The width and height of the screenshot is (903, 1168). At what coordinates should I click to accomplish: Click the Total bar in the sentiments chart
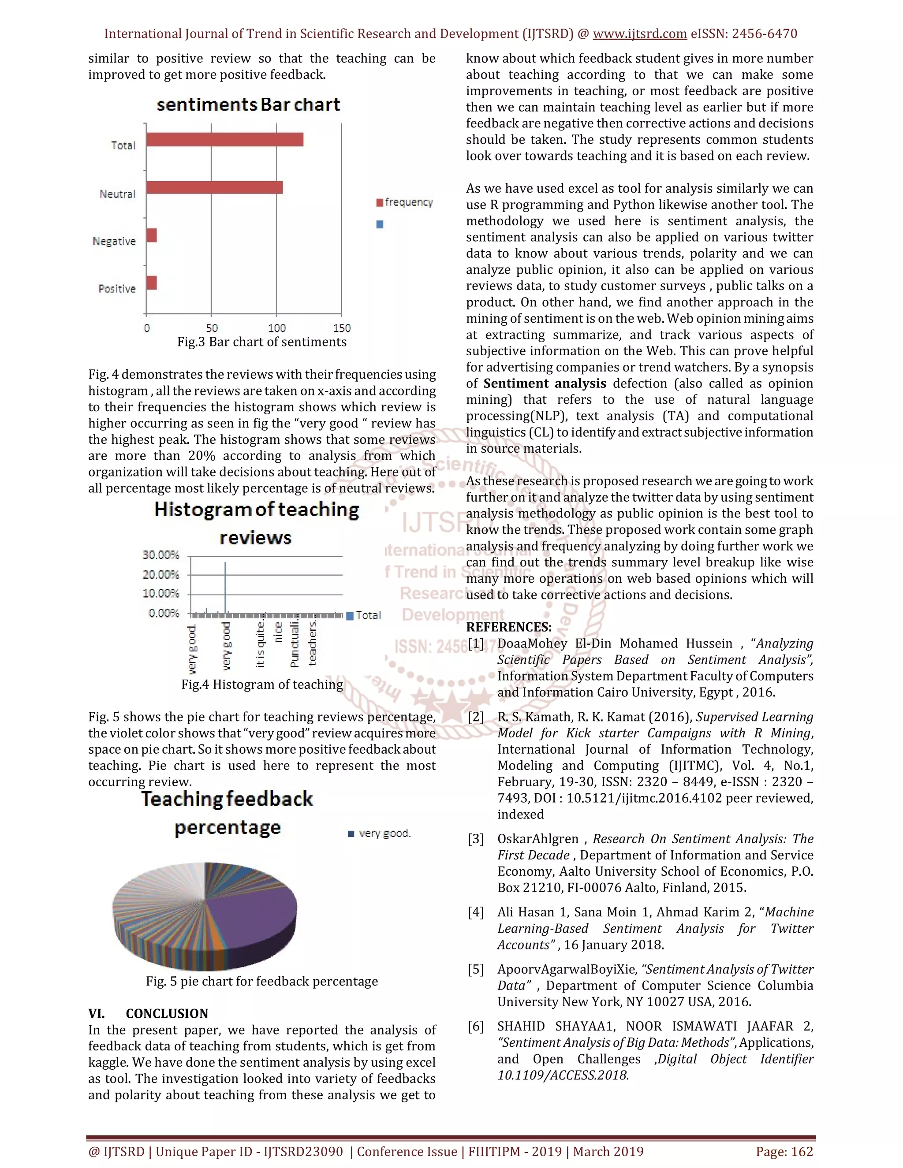tap(225, 140)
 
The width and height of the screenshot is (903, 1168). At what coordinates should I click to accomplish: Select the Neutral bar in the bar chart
tap(214, 188)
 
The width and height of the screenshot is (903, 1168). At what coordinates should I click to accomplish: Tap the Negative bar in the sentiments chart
tap(151, 235)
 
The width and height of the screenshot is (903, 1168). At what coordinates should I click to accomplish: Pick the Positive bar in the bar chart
tap(151, 283)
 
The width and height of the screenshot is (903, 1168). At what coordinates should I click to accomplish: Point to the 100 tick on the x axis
tap(276, 328)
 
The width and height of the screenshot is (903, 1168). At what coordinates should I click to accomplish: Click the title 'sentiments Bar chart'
tap(248, 104)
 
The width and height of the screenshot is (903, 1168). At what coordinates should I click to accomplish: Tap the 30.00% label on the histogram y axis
tap(160, 554)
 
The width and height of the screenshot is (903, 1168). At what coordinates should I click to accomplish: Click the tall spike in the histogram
tap(225, 586)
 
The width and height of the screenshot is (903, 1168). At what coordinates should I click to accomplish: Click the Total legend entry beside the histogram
tap(364, 616)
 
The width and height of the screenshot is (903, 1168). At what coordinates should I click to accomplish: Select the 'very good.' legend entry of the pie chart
tap(379, 833)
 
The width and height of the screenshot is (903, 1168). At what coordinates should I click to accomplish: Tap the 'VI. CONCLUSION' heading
tap(148, 1014)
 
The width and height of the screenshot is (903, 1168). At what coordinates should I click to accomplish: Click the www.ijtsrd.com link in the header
tap(640, 33)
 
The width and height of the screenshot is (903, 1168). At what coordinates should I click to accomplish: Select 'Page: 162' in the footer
tap(784, 1151)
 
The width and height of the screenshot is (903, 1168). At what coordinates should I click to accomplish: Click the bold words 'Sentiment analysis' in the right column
tap(544, 383)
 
